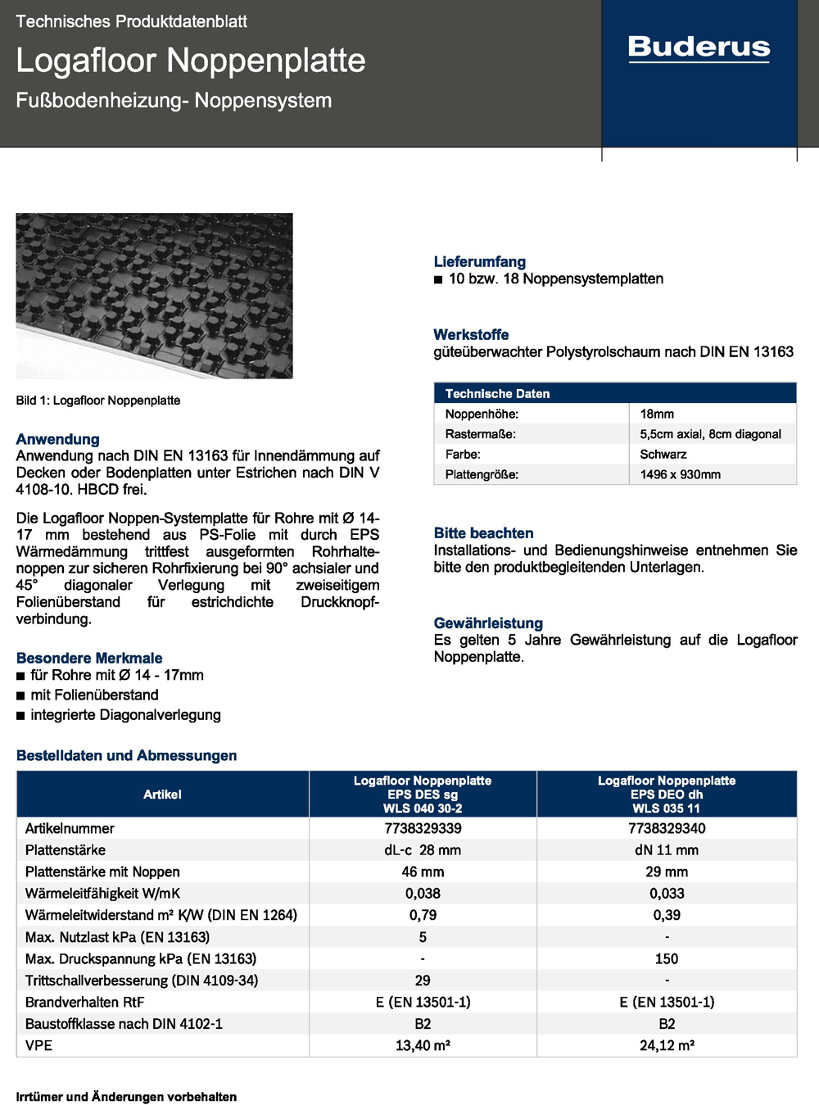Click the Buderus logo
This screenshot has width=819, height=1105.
(699, 48)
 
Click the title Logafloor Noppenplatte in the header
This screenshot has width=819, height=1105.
(191, 61)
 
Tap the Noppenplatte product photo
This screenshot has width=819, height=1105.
(154, 296)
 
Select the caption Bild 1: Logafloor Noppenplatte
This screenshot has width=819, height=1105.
(98, 401)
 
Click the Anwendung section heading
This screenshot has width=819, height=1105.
(58, 439)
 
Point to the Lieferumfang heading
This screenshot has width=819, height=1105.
(480, 261)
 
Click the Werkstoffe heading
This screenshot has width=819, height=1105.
(471, 334)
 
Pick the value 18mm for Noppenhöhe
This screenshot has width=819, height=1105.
(657, 414)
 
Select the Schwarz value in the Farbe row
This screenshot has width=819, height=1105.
(663, 454)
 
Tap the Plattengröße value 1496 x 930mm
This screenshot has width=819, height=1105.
(681, 474)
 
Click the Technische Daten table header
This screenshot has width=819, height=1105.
(498, 393)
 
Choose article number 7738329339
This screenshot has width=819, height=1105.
(423, 828)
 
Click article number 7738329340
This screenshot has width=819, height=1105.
(667, 828)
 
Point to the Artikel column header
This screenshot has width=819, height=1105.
(162, 794)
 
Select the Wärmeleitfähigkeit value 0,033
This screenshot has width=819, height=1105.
(667, 893)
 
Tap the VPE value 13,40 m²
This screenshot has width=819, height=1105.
(423, 1045)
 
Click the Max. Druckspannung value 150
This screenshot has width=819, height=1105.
(667, 958)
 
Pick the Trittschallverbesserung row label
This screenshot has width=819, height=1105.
(142, 980)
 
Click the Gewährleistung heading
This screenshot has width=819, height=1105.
(488, 623)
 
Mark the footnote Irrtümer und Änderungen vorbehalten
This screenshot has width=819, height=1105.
(127, 1097)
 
